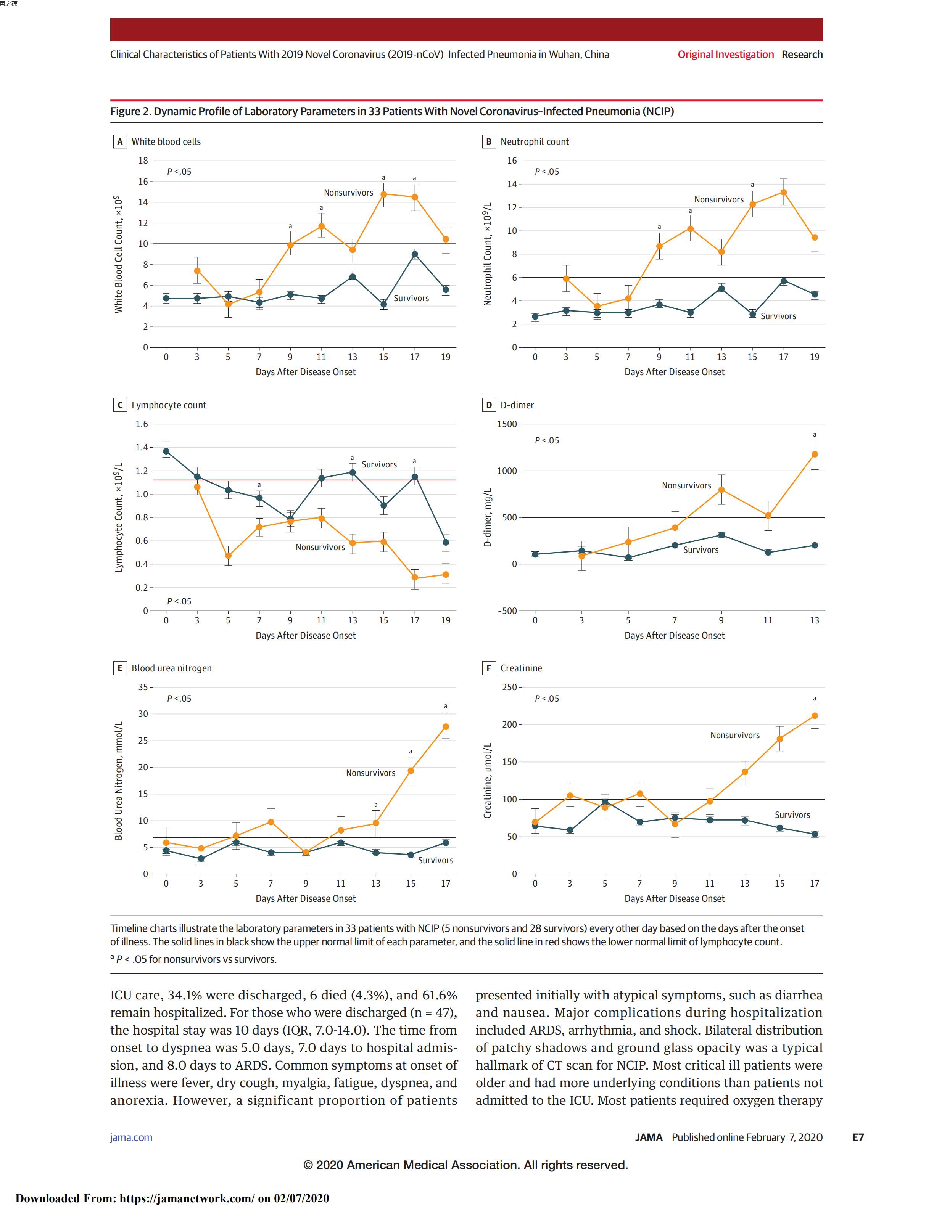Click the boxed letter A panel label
119,141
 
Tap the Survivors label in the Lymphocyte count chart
379,464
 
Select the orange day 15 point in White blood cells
383,194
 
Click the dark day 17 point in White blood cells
414,254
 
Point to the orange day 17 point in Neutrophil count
784,193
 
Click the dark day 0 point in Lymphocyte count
166,451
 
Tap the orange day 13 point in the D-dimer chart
815,454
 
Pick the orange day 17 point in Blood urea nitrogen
445,727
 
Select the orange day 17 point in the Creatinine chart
815,716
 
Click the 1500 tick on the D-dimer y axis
506,424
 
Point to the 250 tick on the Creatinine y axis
509,688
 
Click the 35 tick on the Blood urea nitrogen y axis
143,688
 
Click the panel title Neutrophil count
535,141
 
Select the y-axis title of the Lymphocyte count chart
118,517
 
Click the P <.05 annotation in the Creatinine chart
547,699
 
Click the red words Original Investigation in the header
725,54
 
